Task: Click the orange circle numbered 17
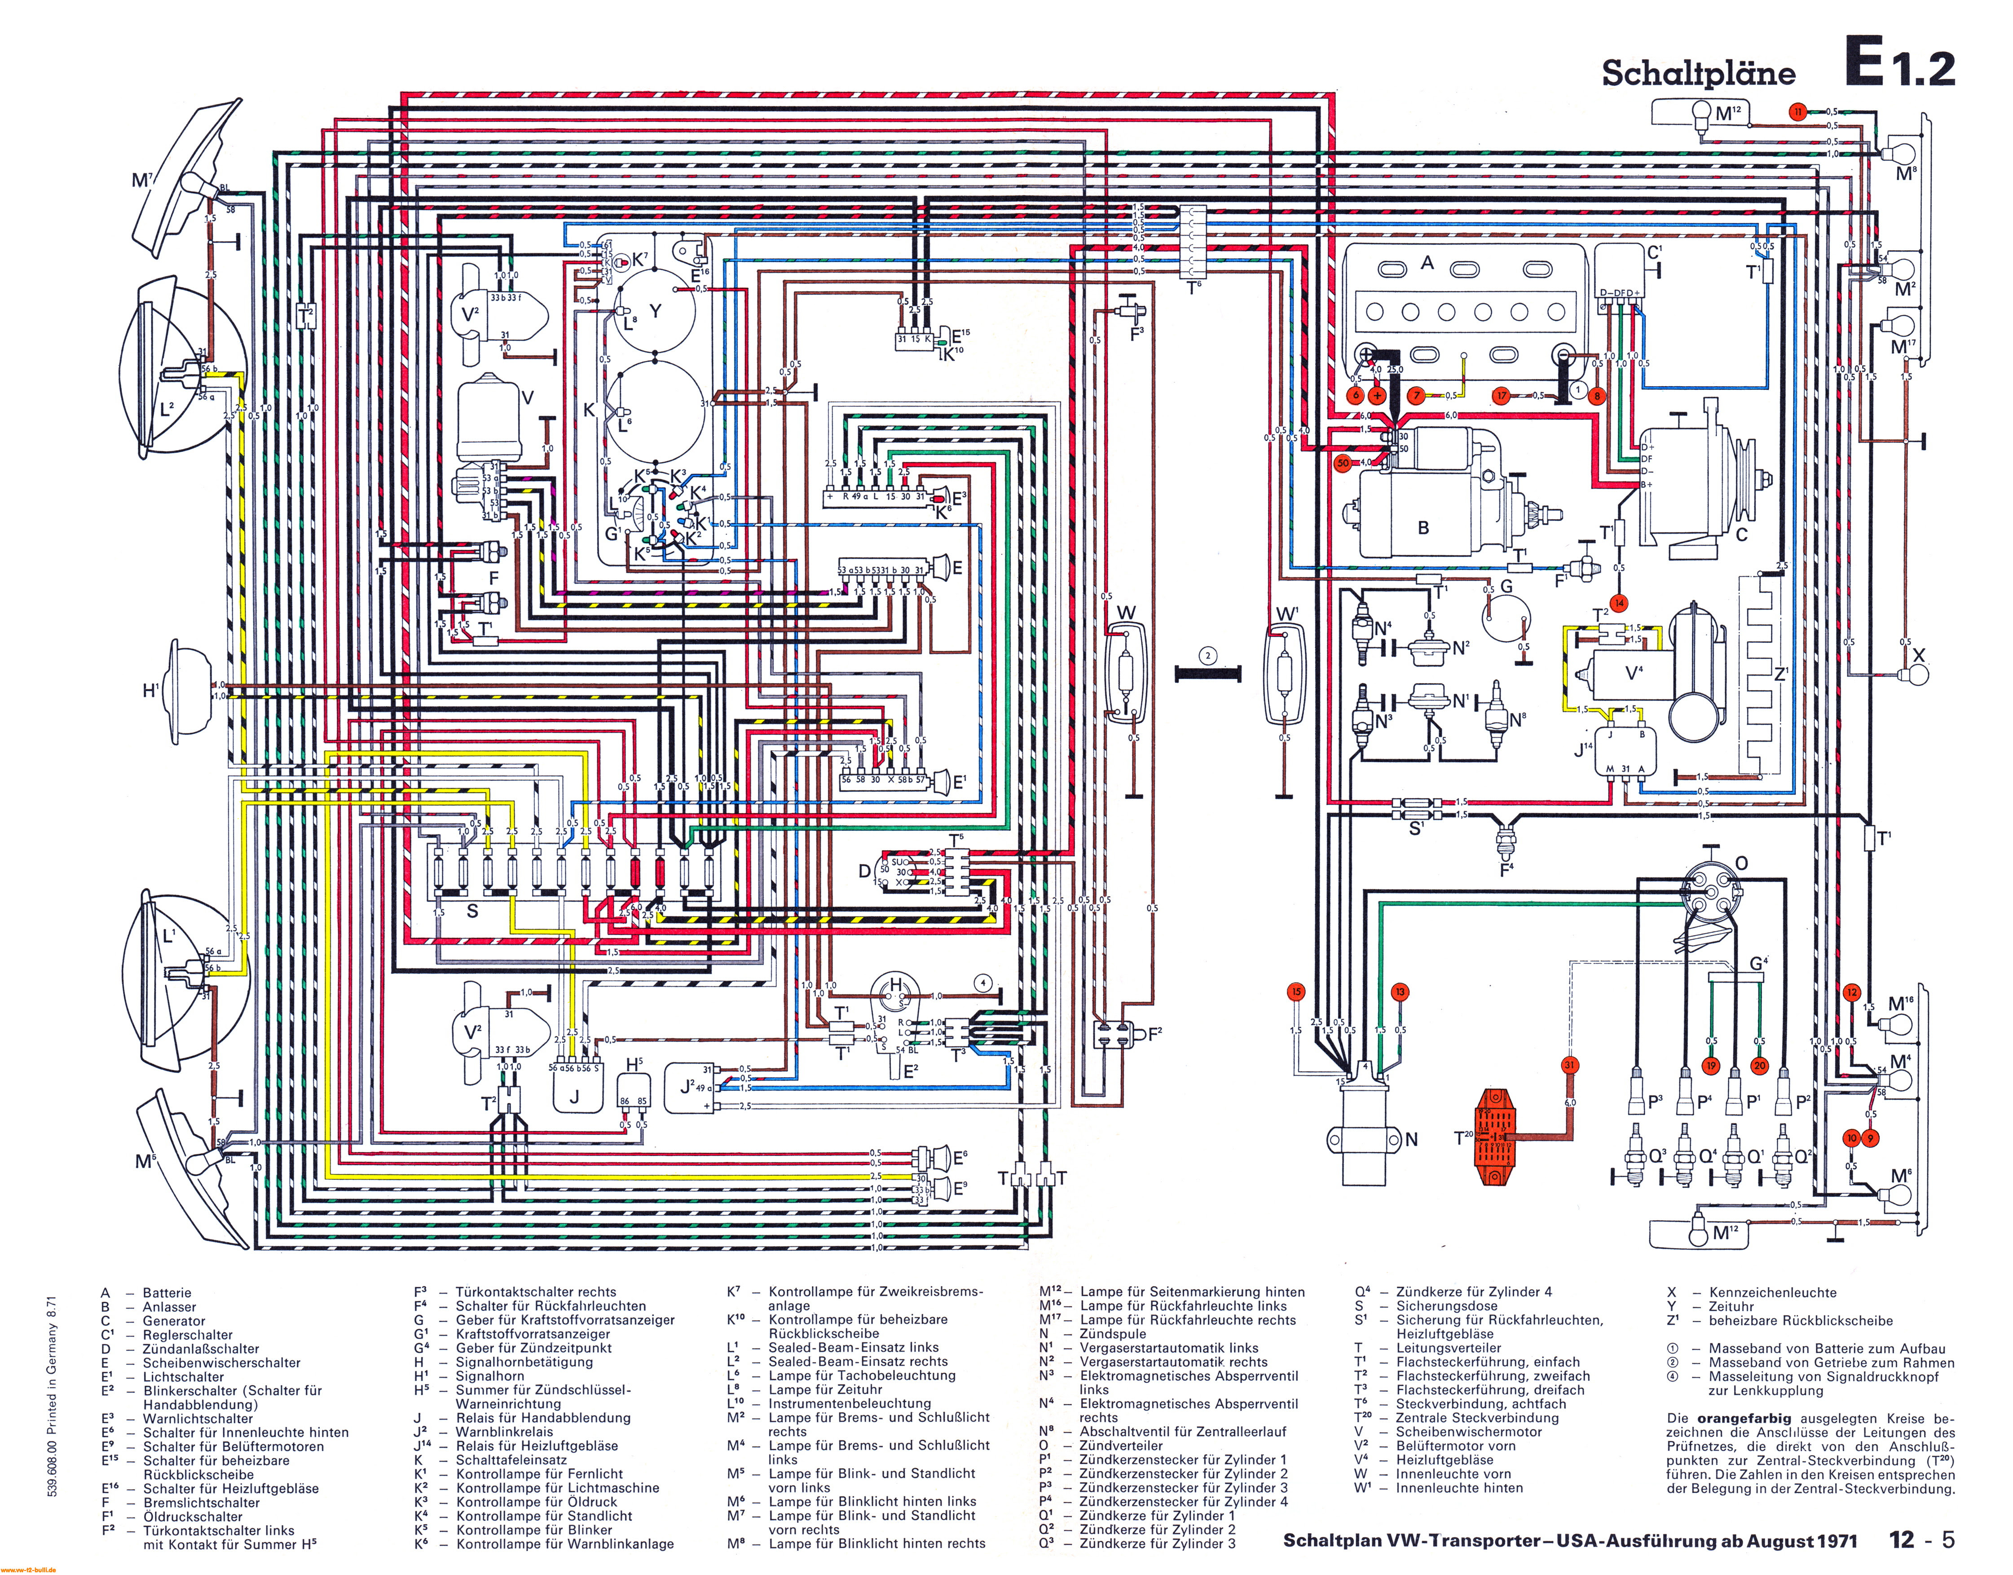(1502, 396)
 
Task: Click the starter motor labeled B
(1420, 516)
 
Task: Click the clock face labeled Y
(655, 311)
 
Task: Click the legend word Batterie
(167, 1293)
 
